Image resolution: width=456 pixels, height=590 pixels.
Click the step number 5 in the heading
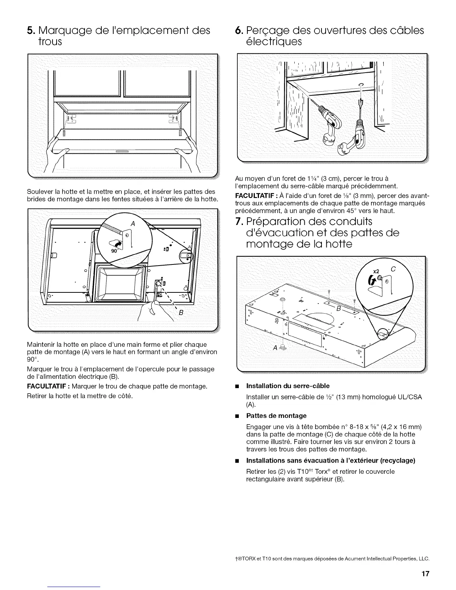tap(31, 30)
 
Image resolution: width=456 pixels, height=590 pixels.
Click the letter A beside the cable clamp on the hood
tap(275, 348)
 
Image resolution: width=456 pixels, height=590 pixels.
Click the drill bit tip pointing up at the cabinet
tap(360, 102)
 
